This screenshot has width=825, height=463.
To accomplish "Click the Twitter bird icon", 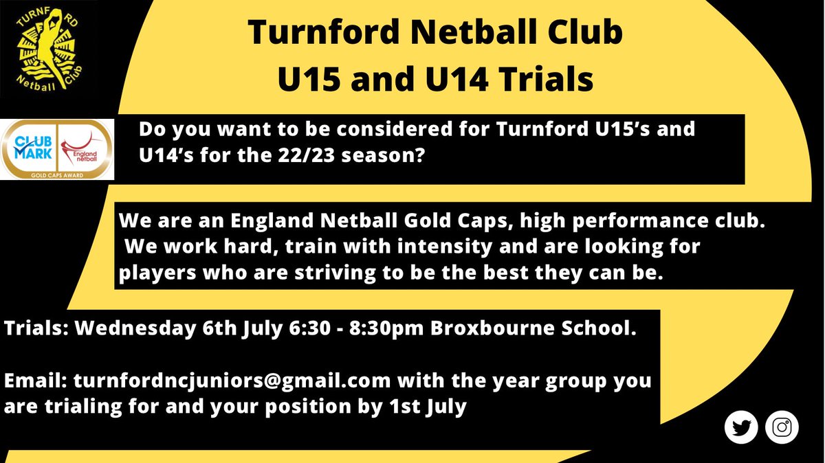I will coord(741,427).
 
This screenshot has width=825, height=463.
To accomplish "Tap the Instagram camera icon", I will coord(782,427).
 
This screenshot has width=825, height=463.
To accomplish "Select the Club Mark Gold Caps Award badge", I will coord(57,150).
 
